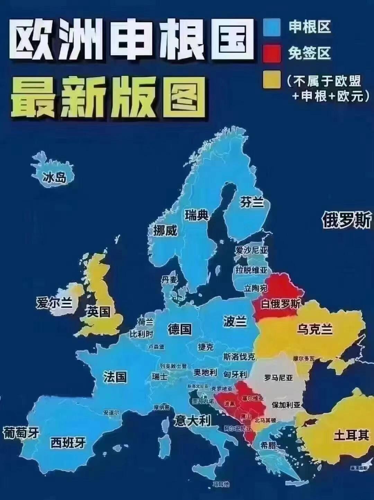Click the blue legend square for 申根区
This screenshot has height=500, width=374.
271,27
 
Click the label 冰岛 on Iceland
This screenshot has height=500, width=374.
54,178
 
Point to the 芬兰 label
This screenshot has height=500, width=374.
252,202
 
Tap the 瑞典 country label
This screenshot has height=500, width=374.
196,216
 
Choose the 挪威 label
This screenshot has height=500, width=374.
165,230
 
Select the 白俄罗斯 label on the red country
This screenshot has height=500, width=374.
280,304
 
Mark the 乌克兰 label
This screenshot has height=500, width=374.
314,329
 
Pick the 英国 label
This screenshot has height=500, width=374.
99,312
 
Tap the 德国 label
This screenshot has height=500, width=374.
180,329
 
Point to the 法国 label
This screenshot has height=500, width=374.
115,376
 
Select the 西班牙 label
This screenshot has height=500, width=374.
68,442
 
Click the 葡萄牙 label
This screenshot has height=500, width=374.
21,433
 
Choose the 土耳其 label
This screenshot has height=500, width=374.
351,435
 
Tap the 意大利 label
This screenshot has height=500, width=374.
193,421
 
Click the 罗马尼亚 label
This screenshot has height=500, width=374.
278,377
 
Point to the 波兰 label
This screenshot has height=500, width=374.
235,321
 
